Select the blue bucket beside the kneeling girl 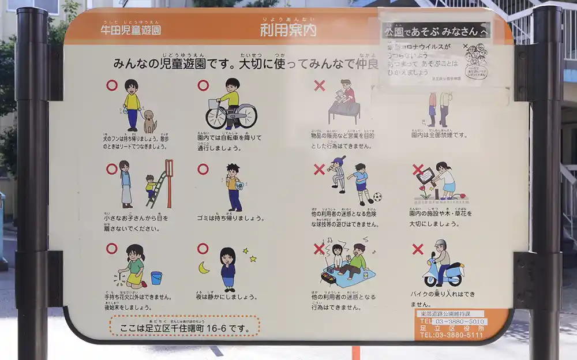(156, 278)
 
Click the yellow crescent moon (204, 268)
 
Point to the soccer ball (377, 197)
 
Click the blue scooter (443, 273)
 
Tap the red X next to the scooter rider (418, 249)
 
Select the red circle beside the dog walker (112, 85)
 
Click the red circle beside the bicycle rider (203, 85)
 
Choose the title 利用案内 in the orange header (288, 31)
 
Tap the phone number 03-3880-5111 (451, 335)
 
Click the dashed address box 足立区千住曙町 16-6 (185, 327)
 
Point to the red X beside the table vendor (319, 86)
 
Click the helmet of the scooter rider (441, 244)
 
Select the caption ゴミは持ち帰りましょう (231, 219)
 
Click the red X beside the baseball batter (319, 170)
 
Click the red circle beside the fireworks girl (112, 249)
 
